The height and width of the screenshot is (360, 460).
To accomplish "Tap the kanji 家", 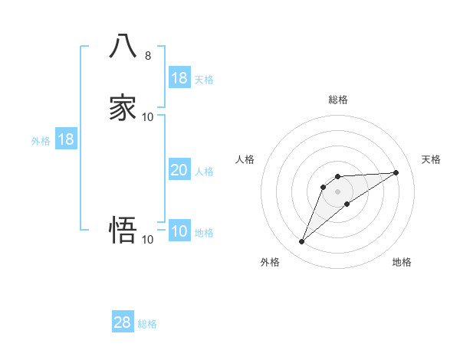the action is [123, 106].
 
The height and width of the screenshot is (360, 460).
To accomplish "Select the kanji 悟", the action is [123, 229].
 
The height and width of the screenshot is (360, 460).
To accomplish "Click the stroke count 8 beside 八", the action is [147, 55].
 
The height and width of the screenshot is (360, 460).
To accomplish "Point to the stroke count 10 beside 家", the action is [148, 116].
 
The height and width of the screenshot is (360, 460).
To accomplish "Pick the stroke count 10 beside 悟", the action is [148, 239].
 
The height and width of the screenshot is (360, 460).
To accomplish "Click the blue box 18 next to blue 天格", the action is [179, 78].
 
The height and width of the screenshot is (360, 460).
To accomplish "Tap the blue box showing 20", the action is [179, 170].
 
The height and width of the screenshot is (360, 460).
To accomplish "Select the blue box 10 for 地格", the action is [179, 231].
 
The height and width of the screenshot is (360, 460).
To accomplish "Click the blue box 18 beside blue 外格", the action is [66, 139].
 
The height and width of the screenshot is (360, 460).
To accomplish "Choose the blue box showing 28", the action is [123, 322].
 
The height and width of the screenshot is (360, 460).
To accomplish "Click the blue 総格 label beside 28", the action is [147, 324].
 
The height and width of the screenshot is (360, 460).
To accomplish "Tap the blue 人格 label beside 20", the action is [205, 172].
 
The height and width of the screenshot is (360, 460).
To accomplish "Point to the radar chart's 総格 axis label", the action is [338, 100].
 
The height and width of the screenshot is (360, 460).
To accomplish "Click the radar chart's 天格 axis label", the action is [431, 159].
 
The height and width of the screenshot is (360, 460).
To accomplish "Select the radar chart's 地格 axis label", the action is [402, 262].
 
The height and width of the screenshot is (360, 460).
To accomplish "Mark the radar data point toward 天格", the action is [396, 172].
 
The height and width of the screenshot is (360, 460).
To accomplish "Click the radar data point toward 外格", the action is [301, 242].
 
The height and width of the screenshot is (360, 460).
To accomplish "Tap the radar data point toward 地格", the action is [347, 204].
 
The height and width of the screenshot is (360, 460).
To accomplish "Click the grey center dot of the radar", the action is [338, 191].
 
